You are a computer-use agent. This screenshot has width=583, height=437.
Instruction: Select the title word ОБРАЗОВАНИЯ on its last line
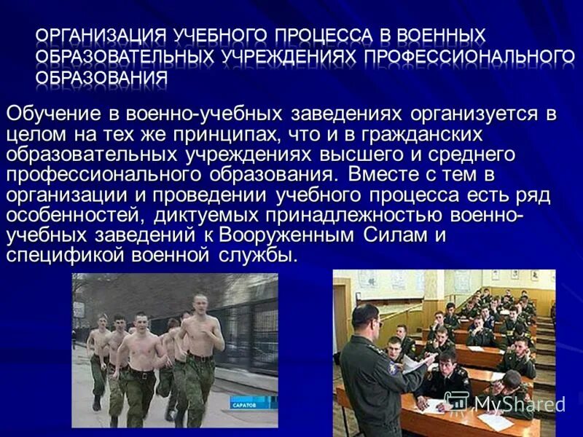[x=101, y=76]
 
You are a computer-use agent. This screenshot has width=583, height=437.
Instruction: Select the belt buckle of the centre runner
[x=141, y=375]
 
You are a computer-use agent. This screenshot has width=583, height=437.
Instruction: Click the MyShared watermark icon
[x=457, y=403]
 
